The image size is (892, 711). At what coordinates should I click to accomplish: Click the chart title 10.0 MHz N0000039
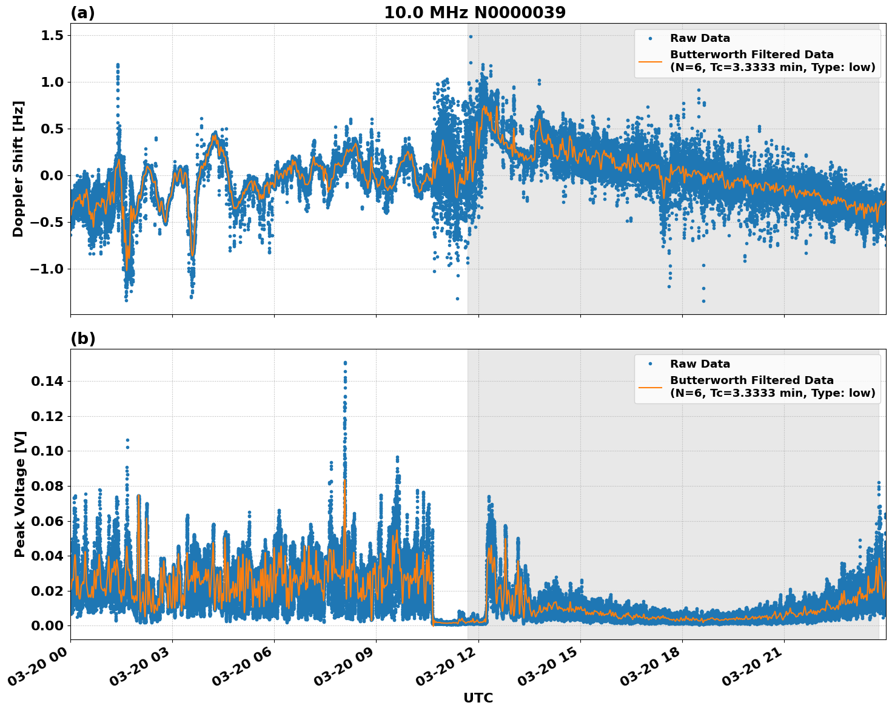pyautogui.click(x=474, y=13)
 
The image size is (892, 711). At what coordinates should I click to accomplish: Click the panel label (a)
pyautogui.click(x=82, y=13)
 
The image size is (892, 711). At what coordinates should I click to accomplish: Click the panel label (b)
pyautogui.click(x=82, y=339)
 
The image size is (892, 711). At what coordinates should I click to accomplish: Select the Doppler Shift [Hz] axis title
pyautogui.click(x=18, y=169)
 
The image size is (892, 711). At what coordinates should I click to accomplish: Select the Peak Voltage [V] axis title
pyautogui.click(x=19, y=494)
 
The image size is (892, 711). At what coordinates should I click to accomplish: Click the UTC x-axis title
pyautogui.click(x=478, y=698)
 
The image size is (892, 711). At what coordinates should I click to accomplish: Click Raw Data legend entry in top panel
pyautogui.click(x=700, y=38)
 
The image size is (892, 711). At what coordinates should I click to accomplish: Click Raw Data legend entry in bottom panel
pyautogui.click(x=700, y=364)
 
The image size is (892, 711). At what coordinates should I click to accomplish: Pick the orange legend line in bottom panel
pyautogui.click(x=650, y=386)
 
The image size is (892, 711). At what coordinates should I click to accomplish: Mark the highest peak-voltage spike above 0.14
pyautogui.click(x=345, y=363)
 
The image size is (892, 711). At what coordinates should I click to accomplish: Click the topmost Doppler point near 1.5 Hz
pyautogui.click(x=471, y=36)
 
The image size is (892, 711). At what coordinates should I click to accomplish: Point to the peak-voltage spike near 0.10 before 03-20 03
pyautogui.click(x=127, y=440)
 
